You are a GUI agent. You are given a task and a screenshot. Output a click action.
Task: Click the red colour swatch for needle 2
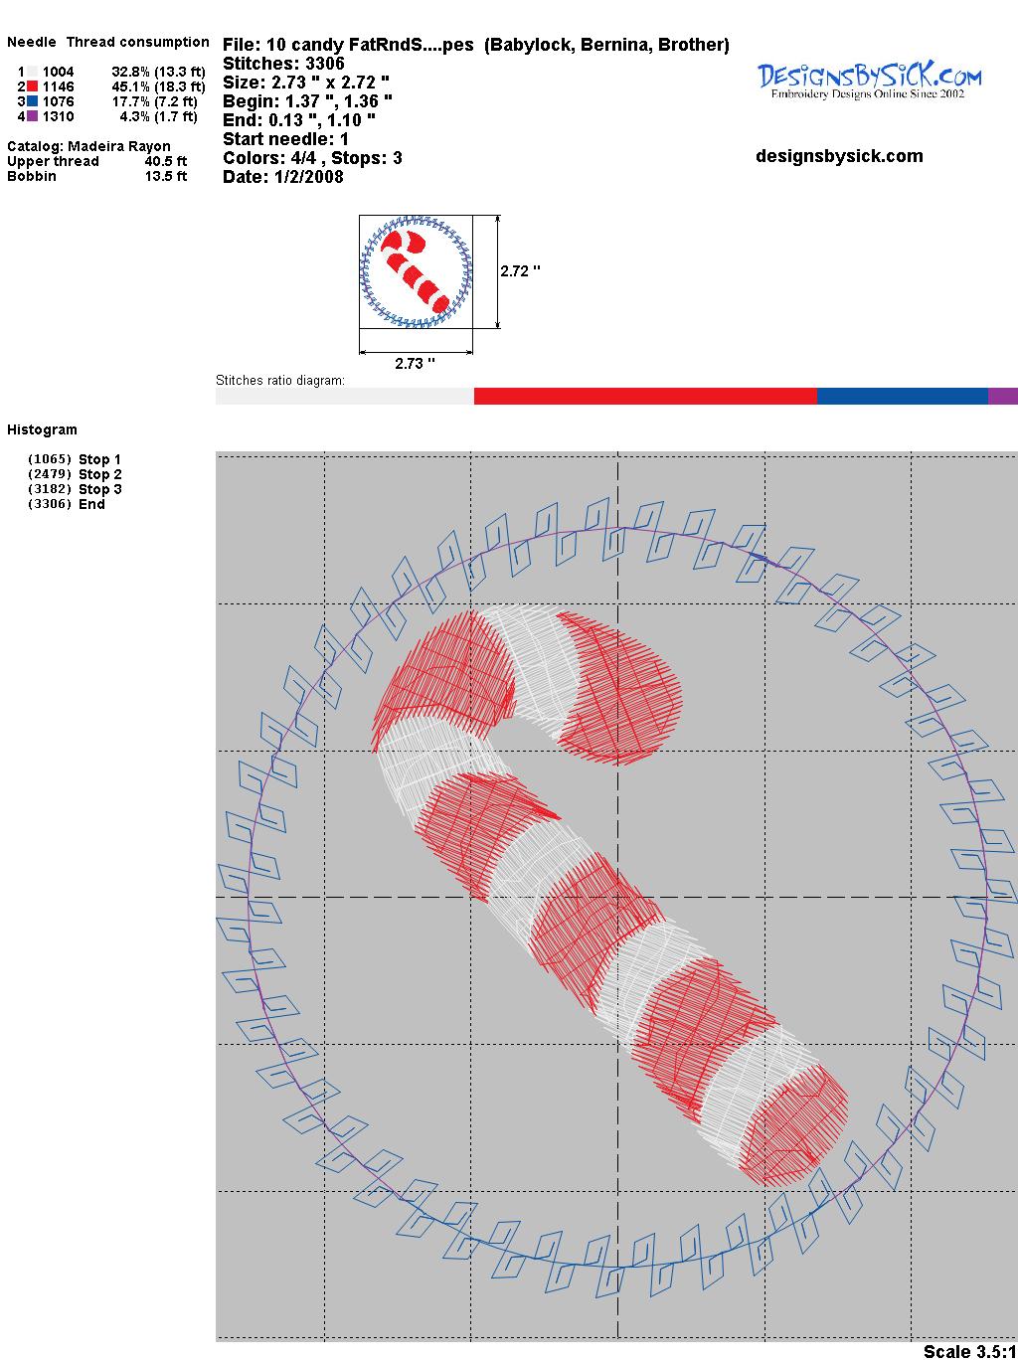point(32,86)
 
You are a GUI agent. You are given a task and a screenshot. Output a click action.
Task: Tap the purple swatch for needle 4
point(32,116)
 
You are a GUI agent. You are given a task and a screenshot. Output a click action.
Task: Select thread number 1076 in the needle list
point(59,101)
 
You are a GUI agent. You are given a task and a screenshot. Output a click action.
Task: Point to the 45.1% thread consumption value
point(130,86)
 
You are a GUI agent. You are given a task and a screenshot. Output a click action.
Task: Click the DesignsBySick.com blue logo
point(869,81)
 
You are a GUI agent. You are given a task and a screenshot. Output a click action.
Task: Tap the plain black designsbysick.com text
point(839,156)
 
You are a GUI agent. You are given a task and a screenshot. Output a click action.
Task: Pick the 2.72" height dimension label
point(520,271)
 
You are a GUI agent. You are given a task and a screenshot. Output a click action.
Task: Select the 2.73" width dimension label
point(415,363)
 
